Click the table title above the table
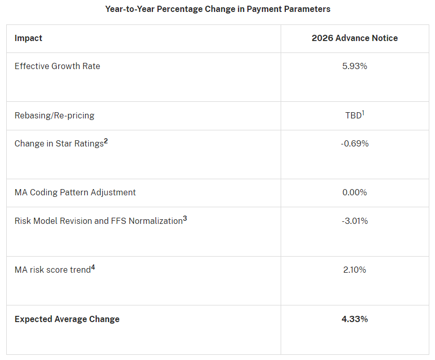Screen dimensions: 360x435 (217, 9)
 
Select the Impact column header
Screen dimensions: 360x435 (29, 38)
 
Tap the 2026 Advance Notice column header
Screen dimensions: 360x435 (354, 38)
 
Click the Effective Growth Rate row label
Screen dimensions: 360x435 (57, 66)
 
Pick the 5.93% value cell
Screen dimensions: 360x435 (354, 66)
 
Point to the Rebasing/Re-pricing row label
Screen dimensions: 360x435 (55, 115)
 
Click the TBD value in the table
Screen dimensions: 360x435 (353, 115)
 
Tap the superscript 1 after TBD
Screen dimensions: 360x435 (363, 113)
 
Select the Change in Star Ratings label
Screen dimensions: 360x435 (59, 143)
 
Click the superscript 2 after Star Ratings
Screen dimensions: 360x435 (106, 141)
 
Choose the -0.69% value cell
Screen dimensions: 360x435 (354, 143)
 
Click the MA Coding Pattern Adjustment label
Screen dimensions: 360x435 (75, 192)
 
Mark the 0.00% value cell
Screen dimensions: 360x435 (354, 192)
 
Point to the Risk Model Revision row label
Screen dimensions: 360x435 (98, 221)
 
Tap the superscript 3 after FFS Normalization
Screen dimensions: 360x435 (184, 218)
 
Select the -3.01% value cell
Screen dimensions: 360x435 (354, 221)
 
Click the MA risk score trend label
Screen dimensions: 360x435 (52, 270)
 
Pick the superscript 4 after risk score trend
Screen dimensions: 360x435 (93, 267)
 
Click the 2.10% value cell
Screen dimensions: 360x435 (354, 270)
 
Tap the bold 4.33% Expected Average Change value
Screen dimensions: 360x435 (354, 319)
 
